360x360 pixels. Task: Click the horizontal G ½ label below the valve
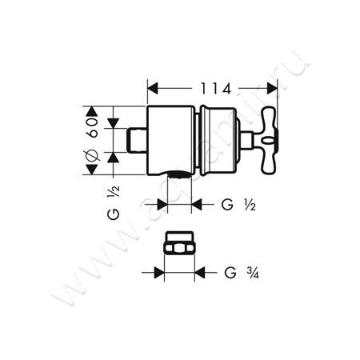coord(238,205)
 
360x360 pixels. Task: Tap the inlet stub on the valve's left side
coord(138,142)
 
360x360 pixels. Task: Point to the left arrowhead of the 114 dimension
coord(153,88)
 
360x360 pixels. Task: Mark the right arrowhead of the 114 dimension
coord(267,88)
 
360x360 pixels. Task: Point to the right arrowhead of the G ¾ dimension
coord(195,273)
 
